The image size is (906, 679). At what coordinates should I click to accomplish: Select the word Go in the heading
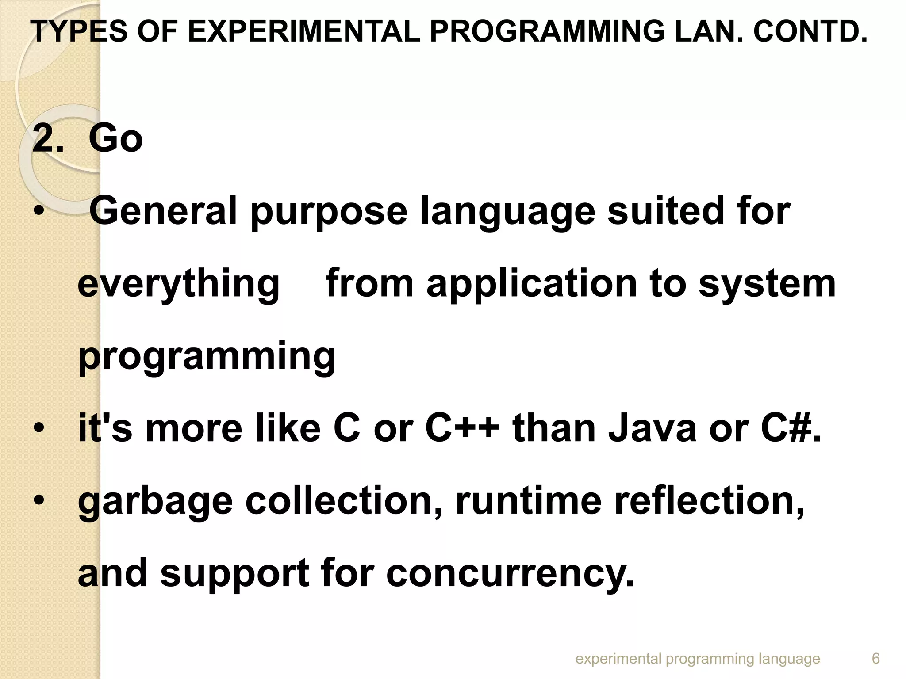click(115, 139)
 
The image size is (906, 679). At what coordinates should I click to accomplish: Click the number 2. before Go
click(48, 139)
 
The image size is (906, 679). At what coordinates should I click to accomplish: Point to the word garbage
click(155, 502)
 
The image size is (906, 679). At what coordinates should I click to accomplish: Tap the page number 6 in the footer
click(875, 658)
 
